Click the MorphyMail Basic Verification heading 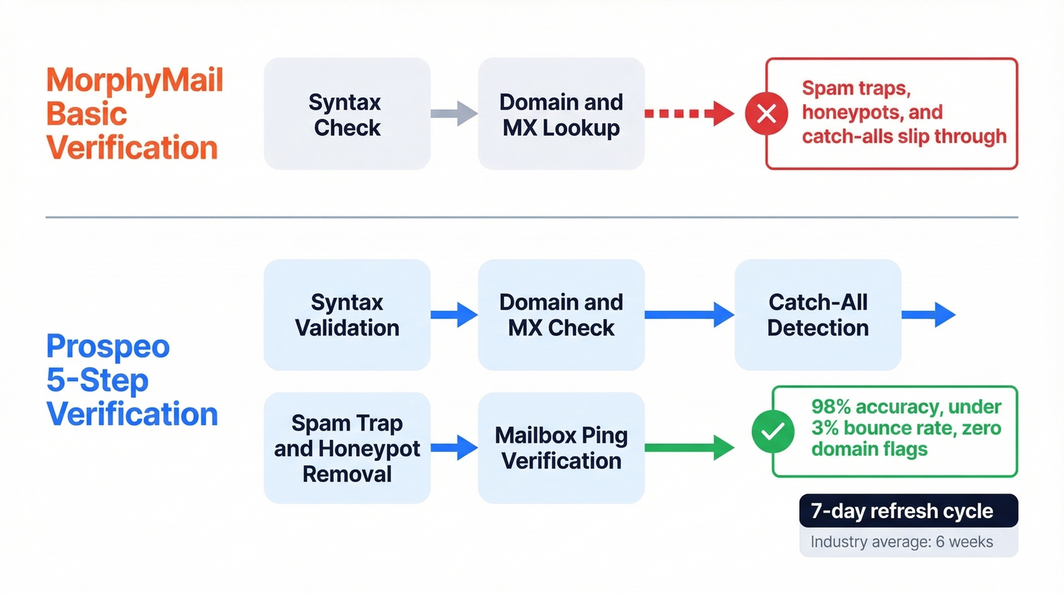click(135, 113)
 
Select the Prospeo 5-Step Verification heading click(131, 380)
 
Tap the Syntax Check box click(347, 114)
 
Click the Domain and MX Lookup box click(561, 114)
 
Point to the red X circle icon click(767, 113)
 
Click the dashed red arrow click(689, 114)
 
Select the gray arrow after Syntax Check click(454, 114)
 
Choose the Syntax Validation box click(347, 315)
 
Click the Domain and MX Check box click(561, 315)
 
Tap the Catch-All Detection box click(818, 315)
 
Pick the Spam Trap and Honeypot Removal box click(347, 448)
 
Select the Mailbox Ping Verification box click(561, 448)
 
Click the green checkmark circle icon click(773, 432)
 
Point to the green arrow click(689, 448)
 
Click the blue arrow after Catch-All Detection click(928, 314)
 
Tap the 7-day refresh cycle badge click(908, 511)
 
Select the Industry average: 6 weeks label click(901, 542)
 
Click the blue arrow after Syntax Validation click(454, 314)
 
